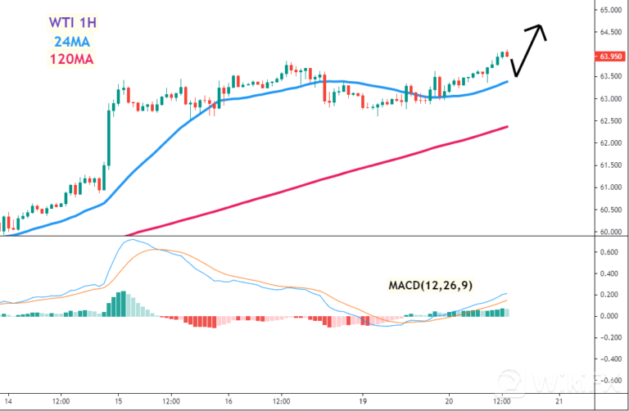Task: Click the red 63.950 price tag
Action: click(609, 56)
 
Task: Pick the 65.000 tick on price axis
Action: click(609, 11)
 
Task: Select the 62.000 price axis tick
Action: click(609, 143)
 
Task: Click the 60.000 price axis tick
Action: click(609, 232)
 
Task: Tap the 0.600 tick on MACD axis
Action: click(608, 252)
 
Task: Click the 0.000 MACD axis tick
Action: click(608, 316)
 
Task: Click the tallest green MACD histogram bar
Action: click(120, 303)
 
